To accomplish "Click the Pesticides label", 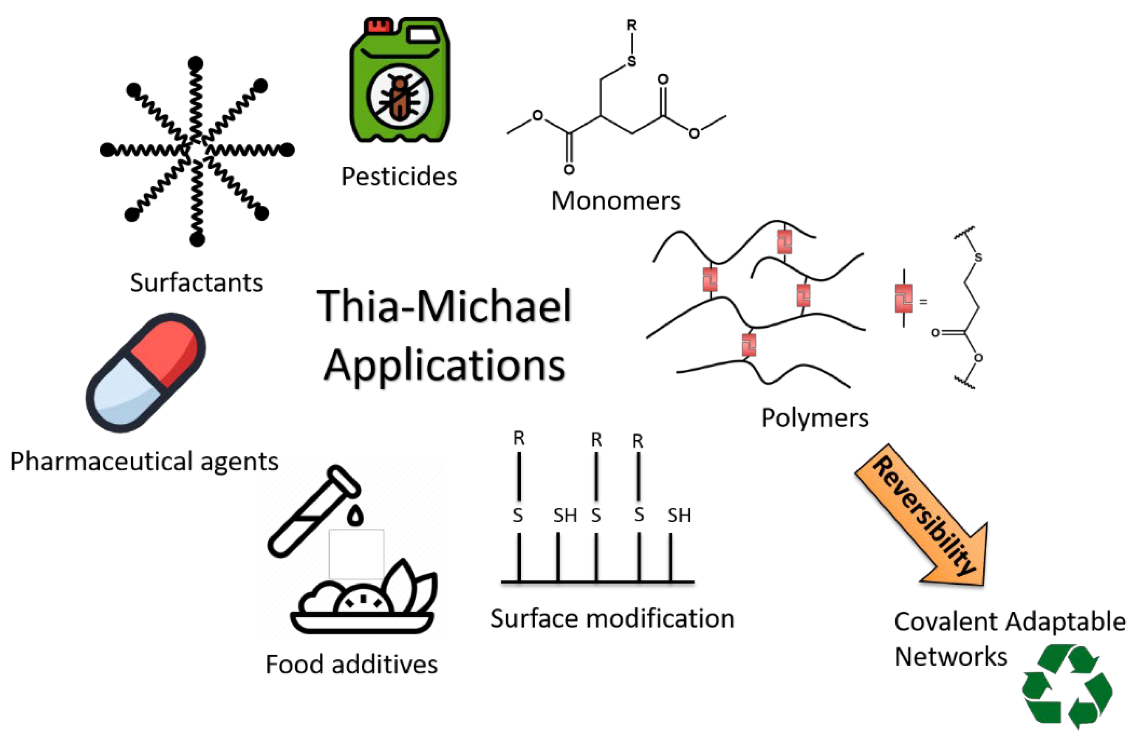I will [399, 177].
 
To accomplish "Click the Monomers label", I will [616, 201].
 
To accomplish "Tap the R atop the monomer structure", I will [632, 25].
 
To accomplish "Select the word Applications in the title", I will [444, 365].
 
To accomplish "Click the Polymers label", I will [814, 418].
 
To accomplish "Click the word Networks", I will [950, 657].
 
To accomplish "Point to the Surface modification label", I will [612, 618].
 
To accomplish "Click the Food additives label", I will [351, 665].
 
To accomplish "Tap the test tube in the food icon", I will [313, 511].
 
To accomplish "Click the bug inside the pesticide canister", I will [400, 97].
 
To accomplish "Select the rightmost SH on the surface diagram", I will [679, 516].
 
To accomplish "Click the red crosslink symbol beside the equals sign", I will [903, 299].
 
